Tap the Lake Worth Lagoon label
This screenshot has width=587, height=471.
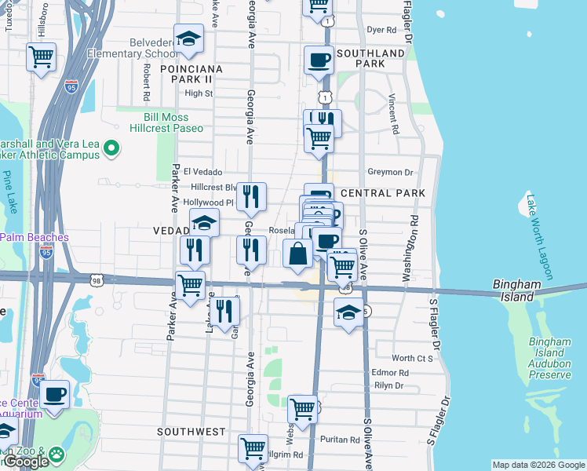(x=540, y=237)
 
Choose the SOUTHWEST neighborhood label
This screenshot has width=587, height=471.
(x=191, y=432)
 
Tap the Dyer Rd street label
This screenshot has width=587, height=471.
(x=381, y=30)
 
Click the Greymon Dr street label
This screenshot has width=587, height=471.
(x=390, y=172)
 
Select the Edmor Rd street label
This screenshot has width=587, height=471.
(x=391, y=373)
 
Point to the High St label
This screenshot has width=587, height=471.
(x=198, y=93)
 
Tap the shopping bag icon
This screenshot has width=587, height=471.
(x=297, y=254)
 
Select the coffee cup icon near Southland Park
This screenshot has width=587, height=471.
(x=319, y=60)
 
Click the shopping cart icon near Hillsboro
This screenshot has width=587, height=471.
(x=41, y=57)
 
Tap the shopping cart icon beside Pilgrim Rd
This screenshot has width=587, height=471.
(x=253, y=448)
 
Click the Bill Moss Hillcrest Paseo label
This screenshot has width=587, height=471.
(x=167, y=122)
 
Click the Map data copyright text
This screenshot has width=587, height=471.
(x=538, y=465)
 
